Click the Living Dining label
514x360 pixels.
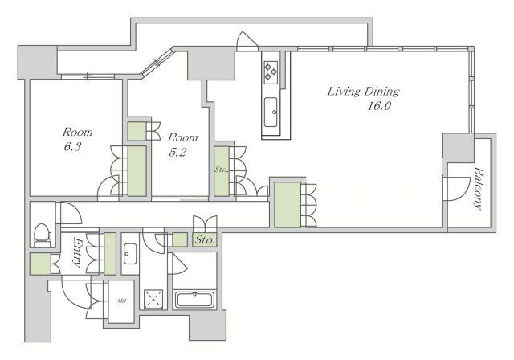tap(363, 92)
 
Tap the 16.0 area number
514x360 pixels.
tap(379, 106)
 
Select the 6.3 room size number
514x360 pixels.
tap(72, 146)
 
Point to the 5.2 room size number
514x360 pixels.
tap(177, 152)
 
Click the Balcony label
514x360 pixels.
tap(479, 188)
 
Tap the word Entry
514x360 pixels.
tap(77, 252)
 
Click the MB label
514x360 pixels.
tap(121, 301)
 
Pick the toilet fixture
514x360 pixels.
tap(43, 234)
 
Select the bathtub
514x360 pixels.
tap(194, 300)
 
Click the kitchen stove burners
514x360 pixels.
tap(271, 72)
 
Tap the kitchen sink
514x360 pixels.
tap(271, 112)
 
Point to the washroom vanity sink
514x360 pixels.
tap(130, 254)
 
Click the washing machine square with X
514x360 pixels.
tap(153, 299)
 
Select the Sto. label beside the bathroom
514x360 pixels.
tap(205, 240)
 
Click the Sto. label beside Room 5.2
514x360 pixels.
tap(222, 170)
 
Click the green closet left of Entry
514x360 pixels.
tap(41, 264)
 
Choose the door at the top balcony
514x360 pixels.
tap(247, 41)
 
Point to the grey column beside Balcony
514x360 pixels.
tap(458, 147)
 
